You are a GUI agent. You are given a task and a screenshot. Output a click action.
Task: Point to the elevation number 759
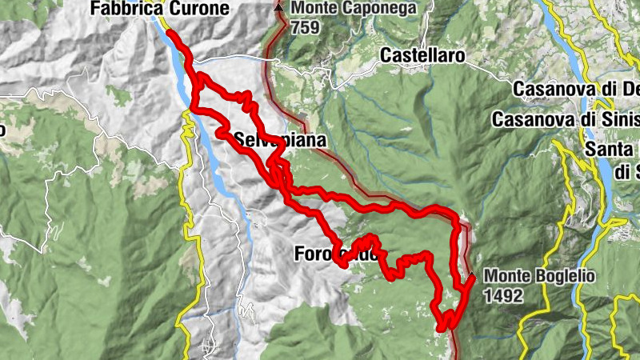pyautogui.click(x=306, y=27)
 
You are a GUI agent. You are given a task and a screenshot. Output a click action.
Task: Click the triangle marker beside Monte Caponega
pyautogui.click(x=278, y=7)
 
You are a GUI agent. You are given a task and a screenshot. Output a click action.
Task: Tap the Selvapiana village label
pyautogui.click(x=280, y=141)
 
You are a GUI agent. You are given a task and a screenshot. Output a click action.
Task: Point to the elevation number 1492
pyautogui.click(x=503, y=295)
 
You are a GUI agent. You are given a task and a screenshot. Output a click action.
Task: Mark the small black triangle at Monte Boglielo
pyautogui.click(x=472, y=278)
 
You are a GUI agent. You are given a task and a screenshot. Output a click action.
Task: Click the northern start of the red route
pyautogui.click(x=170, y=34)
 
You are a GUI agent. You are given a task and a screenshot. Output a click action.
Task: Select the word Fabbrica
pyautogui.click(x=122, y=9)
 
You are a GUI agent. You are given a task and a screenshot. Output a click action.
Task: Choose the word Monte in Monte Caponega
pyautogui.click(x=312, y=9)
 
